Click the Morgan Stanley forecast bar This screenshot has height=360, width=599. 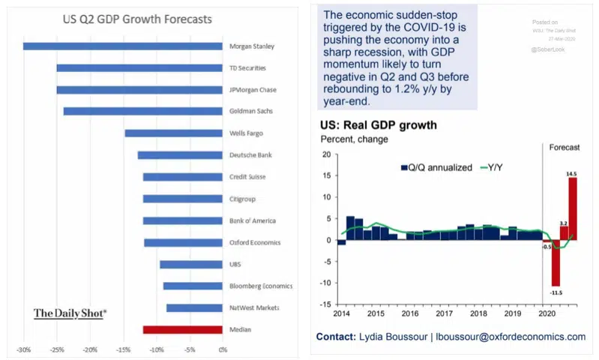click(x=122, y=46)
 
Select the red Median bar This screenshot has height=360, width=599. click(x=182, y=329)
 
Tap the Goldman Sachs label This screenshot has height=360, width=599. click(x=251, y=111)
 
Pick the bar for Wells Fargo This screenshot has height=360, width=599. click(x=173, y=133)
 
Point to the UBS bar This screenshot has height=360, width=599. click(x=190, y=264)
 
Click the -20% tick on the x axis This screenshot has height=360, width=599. click(x=90, y=349)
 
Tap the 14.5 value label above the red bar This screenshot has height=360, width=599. click(x=571, y=174)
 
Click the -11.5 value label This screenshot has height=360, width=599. click(x=556, y=291)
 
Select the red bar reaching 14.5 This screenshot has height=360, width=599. click(x=572, y=209)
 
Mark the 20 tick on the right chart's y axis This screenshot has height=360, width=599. click(x=326, y=155)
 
